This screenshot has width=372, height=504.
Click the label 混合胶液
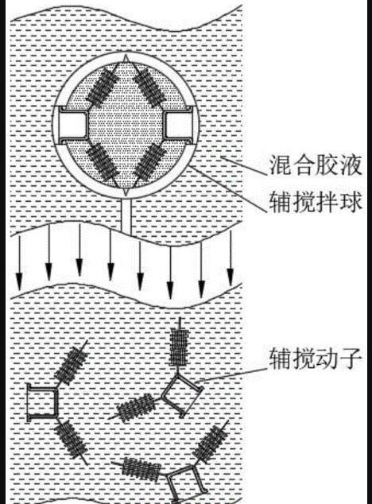[315, 165]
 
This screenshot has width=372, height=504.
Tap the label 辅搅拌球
[315, 202]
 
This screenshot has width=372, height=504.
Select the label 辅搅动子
[315, 359]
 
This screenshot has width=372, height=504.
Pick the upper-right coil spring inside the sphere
[149, 86]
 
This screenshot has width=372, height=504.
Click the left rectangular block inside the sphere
[73, 125]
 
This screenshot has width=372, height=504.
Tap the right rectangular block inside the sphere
[178, 125]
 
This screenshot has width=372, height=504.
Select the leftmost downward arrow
[19, 262]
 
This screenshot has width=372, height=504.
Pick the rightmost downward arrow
[231, 258]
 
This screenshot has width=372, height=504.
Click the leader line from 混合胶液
[244, 166]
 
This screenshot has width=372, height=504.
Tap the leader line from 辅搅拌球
[228, 189]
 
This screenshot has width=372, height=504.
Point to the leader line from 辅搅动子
[231, 374]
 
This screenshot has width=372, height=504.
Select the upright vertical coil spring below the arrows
[179, 347]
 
